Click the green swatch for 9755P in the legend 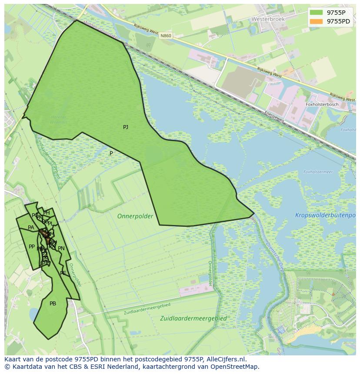(317, 12)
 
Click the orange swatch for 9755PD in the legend (317, 21)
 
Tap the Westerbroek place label (267, 20)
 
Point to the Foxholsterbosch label (323, 104)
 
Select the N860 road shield (165, 36)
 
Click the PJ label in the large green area (126, 127)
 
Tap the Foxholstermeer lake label (318, 172)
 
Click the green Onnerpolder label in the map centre (135, 216)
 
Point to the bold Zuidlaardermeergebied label (193, 318)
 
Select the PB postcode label (53, 304)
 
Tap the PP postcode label (32, 247)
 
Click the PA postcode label (31, 228)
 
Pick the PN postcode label (61, 248)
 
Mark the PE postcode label (63, 273)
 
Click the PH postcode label (47, 213)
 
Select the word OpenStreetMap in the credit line (235, 367)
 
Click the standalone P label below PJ (111, 153)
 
